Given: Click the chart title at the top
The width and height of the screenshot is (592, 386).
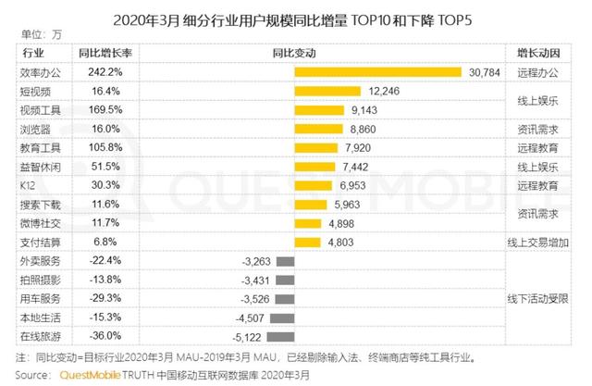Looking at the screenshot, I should [295, 18].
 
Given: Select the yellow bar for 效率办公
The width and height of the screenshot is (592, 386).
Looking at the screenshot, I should [378, 72].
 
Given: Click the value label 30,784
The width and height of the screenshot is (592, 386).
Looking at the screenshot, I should [485, 72].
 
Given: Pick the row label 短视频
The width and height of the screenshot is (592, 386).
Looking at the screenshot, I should [36, 92].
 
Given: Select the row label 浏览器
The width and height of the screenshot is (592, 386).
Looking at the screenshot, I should [36, 130].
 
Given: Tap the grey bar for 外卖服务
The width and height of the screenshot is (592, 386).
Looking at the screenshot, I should [285, 262].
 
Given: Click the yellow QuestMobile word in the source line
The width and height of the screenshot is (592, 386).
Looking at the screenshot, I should [96, 376].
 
